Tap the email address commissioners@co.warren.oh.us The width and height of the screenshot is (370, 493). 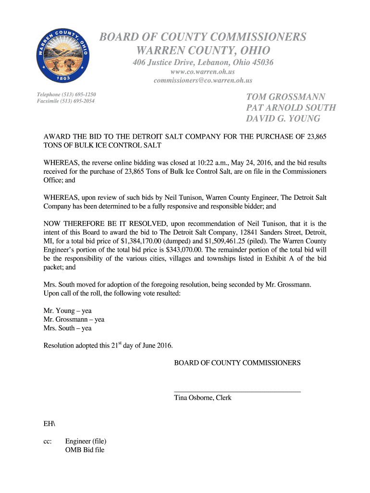pyautogui.click(x=203, y=80)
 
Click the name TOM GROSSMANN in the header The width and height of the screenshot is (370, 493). pyautogui.click(x=286, y=97)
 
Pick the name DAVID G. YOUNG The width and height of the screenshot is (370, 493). pyautogui.click(x=283, y=118)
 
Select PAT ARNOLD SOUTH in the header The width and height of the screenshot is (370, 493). pyautogui.click(x=291, y=108)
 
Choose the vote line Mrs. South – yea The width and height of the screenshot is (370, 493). pyautogui.click(x=67, y=328)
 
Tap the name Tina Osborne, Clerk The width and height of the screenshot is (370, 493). pyautogui.click(x=202, y=398)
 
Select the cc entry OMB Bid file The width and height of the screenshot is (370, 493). pyautogui.click(x=85, y=450)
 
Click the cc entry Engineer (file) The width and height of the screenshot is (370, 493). pyautogui.click(x=86, y=441)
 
